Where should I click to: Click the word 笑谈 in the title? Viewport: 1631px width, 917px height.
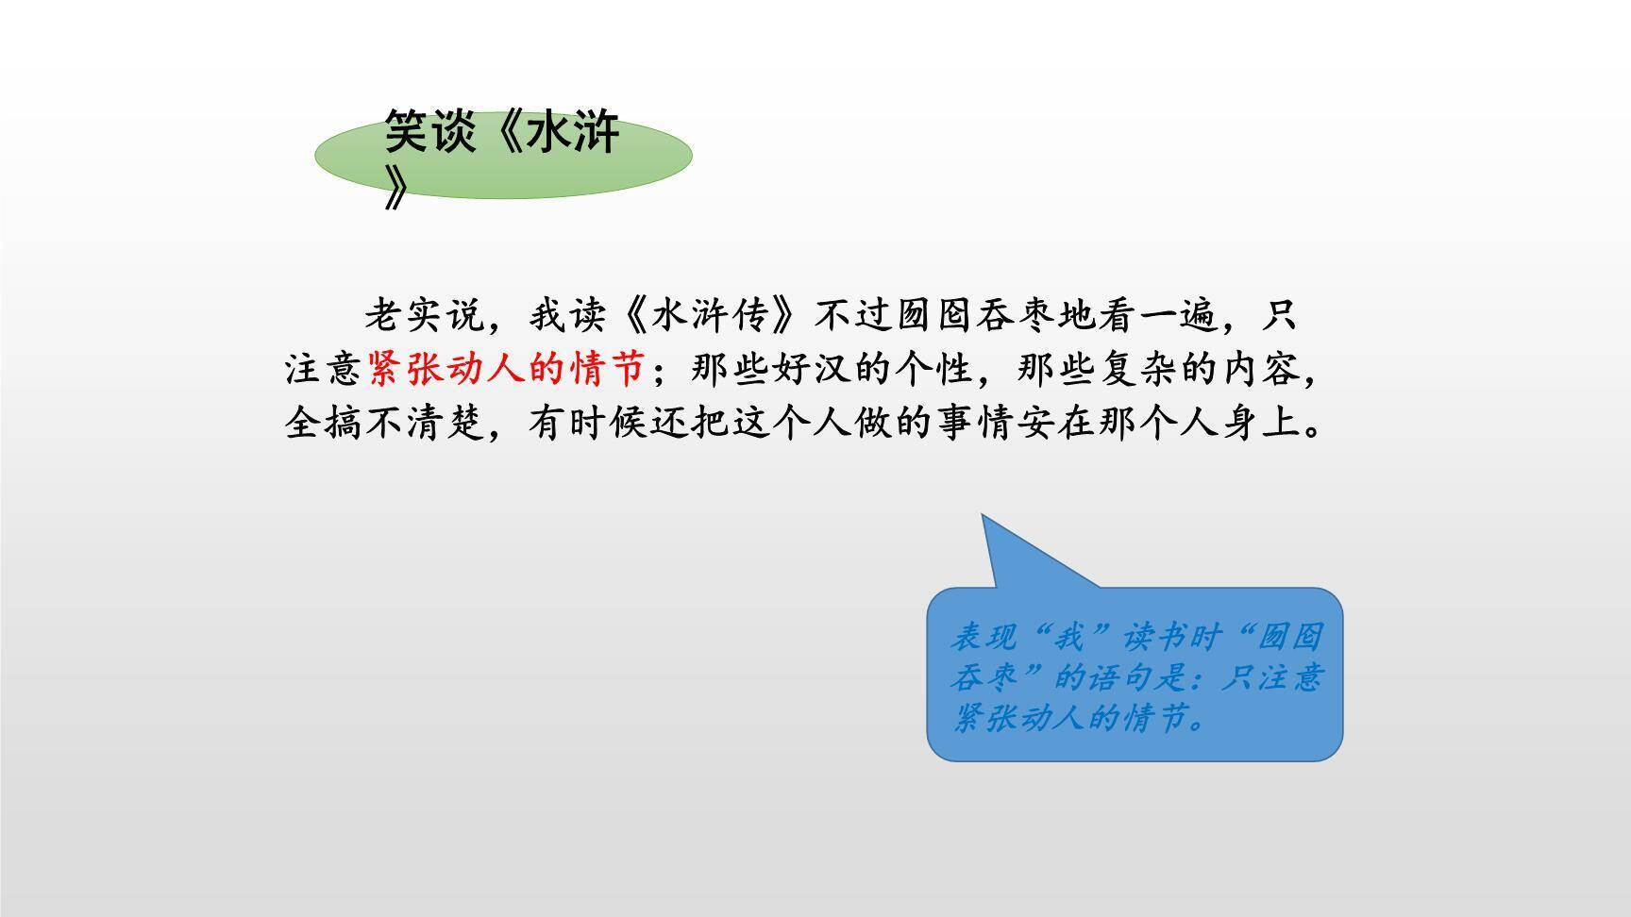[x=424, y=133]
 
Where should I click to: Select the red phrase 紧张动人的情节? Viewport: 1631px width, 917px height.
[x=507, y=368]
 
